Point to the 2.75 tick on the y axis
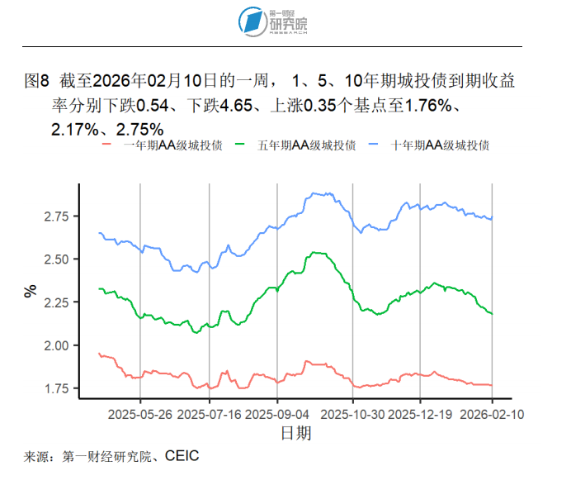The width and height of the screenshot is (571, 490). [x=58, y=216]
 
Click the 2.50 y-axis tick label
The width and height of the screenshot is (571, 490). [x=58, y=259]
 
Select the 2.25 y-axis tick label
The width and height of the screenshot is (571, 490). [x=58, y=302]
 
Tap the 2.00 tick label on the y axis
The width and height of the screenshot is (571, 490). [x=58, y=345]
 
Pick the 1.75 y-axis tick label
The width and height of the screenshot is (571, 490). [x=58, y=388]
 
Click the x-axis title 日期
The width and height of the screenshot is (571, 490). [x=295, y=432]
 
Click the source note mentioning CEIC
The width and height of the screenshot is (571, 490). [x=112, y=455]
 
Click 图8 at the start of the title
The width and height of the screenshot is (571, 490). [x=38, y=81]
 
